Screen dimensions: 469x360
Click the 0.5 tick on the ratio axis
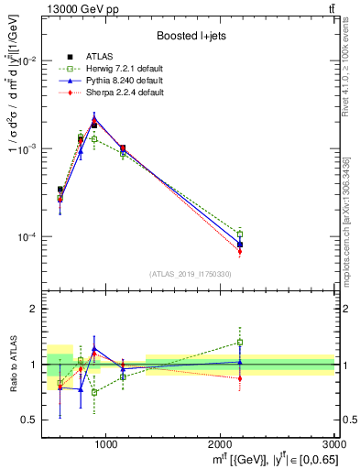(x=32, y=420)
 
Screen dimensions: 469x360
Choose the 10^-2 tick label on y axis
(x=27, y=60)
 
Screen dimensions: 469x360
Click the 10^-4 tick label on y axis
(x=27, y=237)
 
